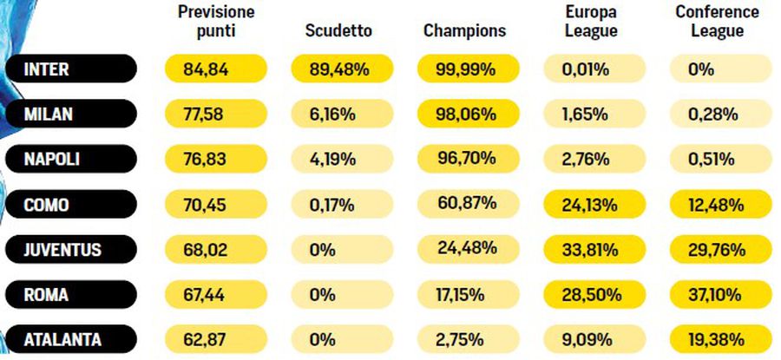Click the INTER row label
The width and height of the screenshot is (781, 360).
click(69, 69)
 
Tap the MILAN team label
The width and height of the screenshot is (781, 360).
click(69, 115)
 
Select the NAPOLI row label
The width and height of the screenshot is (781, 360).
click(69, 160)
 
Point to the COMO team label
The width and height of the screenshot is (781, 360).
click(69, 206)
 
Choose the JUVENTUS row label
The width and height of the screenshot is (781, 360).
click(69, 251)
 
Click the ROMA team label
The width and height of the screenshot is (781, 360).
click(69, 295)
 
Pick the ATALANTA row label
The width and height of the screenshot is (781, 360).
click(69, 339)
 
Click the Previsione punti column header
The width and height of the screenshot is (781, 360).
click(217, 22)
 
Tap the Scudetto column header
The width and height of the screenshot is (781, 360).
click(338, 30)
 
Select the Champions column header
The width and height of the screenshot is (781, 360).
click(464, 30)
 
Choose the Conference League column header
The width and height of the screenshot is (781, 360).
click(718, 22)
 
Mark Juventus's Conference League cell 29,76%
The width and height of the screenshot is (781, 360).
click(721, 251)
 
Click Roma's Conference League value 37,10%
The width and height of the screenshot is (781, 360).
click(721, 295)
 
